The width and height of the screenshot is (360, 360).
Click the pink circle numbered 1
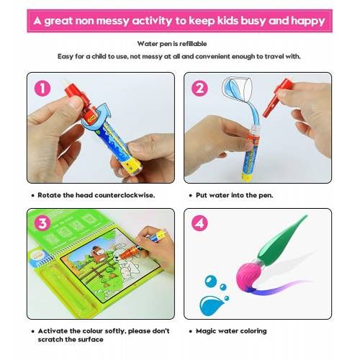tap(42, 89)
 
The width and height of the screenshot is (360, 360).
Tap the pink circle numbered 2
tap(199, 89)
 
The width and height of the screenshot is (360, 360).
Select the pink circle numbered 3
tap(42, 223)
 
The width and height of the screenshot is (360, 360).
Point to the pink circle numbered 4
tap(199, 223)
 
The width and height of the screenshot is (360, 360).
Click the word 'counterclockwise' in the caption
tap(125, 195)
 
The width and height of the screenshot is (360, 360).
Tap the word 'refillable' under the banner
tap(193, 44)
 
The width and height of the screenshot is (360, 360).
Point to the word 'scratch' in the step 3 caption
tap(50, 340)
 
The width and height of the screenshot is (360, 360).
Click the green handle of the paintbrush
tap(281, 240)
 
